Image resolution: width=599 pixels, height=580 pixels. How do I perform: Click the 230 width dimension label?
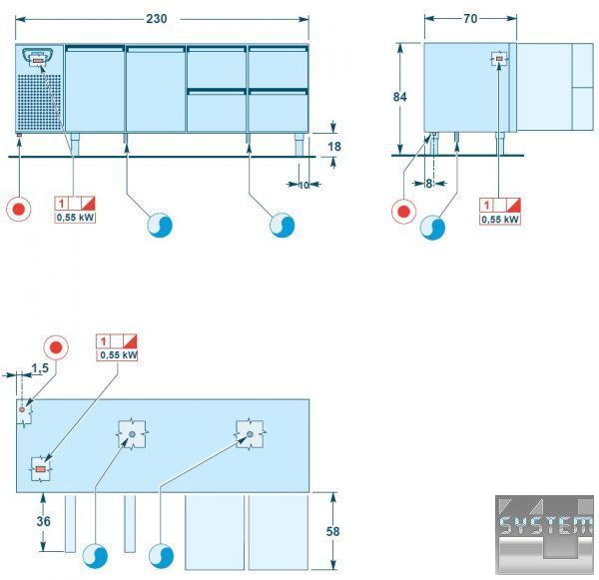157,19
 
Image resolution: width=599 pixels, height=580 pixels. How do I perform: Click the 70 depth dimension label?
470,19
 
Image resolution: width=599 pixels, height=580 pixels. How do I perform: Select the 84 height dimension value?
399,97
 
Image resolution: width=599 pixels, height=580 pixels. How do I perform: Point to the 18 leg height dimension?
334,147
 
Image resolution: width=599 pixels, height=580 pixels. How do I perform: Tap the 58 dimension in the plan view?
332,531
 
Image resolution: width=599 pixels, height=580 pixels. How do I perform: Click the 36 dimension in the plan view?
43,521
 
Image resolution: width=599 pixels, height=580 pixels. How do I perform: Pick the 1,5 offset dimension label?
40,368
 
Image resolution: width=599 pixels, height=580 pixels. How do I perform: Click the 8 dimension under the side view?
429,184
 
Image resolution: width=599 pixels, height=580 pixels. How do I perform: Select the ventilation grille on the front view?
39,102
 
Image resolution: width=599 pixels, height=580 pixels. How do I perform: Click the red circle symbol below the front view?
19,209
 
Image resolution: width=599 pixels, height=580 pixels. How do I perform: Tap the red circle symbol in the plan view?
56,347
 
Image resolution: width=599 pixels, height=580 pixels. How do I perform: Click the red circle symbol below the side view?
403,212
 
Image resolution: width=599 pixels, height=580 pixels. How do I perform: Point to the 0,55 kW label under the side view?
500,220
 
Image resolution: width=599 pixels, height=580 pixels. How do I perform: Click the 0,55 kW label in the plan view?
118,355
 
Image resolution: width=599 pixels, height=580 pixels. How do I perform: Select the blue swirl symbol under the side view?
432,228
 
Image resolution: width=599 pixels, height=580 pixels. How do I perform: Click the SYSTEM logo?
544,534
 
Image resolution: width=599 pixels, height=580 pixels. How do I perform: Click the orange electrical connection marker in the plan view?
40,469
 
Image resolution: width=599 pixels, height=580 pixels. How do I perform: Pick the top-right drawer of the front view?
279,67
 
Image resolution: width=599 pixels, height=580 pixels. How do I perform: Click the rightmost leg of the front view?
299,145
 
